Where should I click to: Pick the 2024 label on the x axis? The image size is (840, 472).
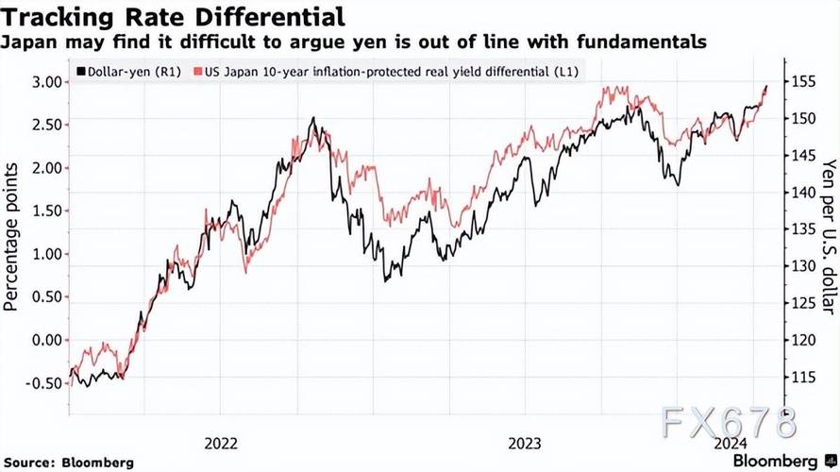[x=732, y=441]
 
